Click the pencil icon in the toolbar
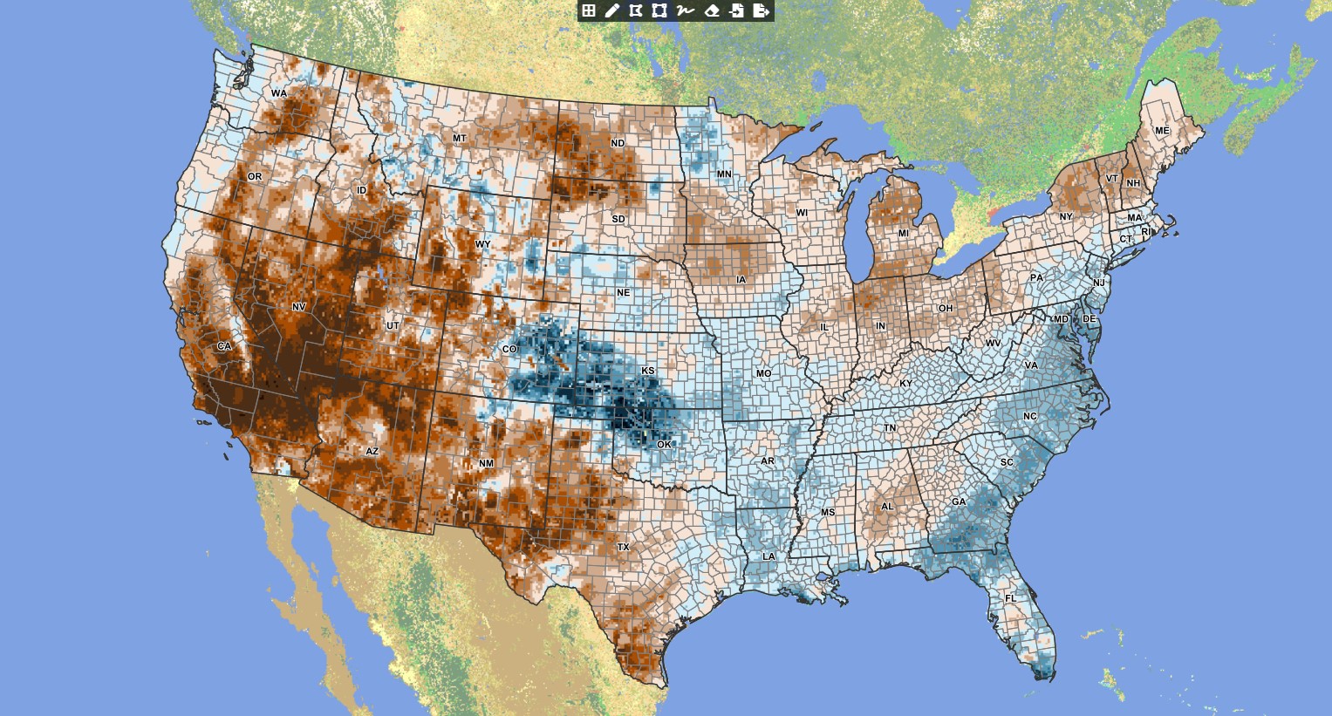click(611, 10)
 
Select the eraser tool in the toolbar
click(712, 10)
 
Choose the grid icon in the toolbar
click(589, 10)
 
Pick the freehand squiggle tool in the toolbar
click(685, 10)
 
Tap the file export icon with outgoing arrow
click(762, 10)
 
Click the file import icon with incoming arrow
click(737, 10)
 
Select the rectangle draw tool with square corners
click(659, 10)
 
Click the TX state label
click(623, 548)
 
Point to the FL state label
click(1010, 598)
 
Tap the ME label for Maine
click(1162, 131)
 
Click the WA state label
click(278, 93)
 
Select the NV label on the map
click(298, 307)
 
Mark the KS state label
click(648, 371)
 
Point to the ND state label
click(618, 143)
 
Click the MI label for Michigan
click(903, 234)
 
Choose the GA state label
click(959, 502)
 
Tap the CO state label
click(509, 350)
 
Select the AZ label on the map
click(372, 452)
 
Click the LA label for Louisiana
click(768, 556)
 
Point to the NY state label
click(1066, 217)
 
